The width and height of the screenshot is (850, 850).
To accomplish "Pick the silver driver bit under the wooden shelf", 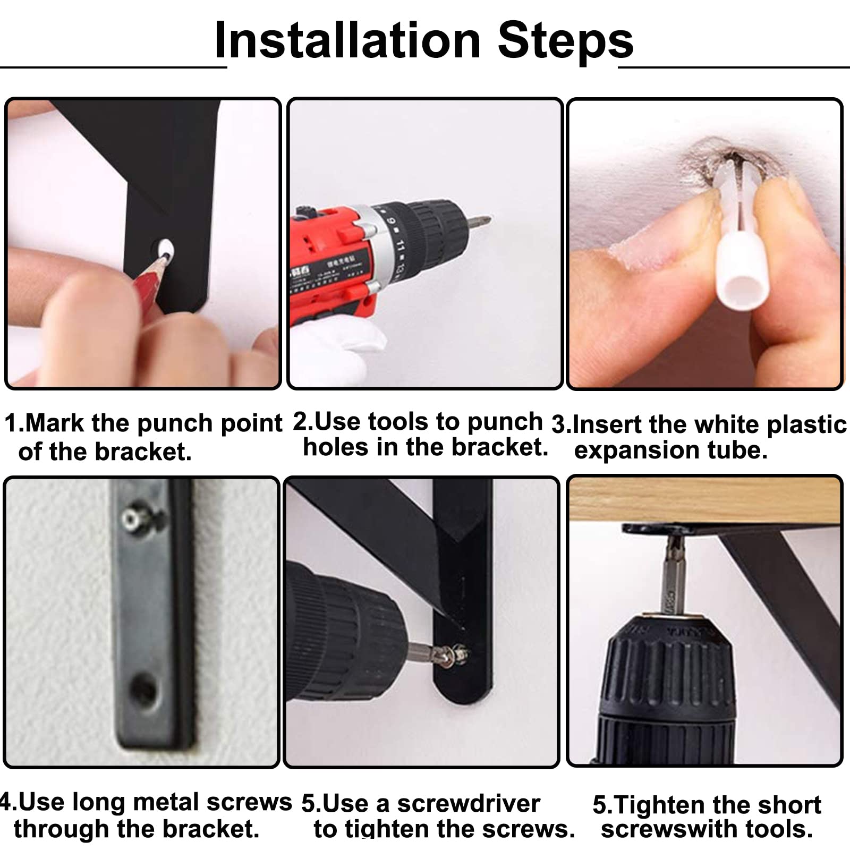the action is click(674, 576).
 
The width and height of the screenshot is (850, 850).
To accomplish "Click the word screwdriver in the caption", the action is click(468, 804).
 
